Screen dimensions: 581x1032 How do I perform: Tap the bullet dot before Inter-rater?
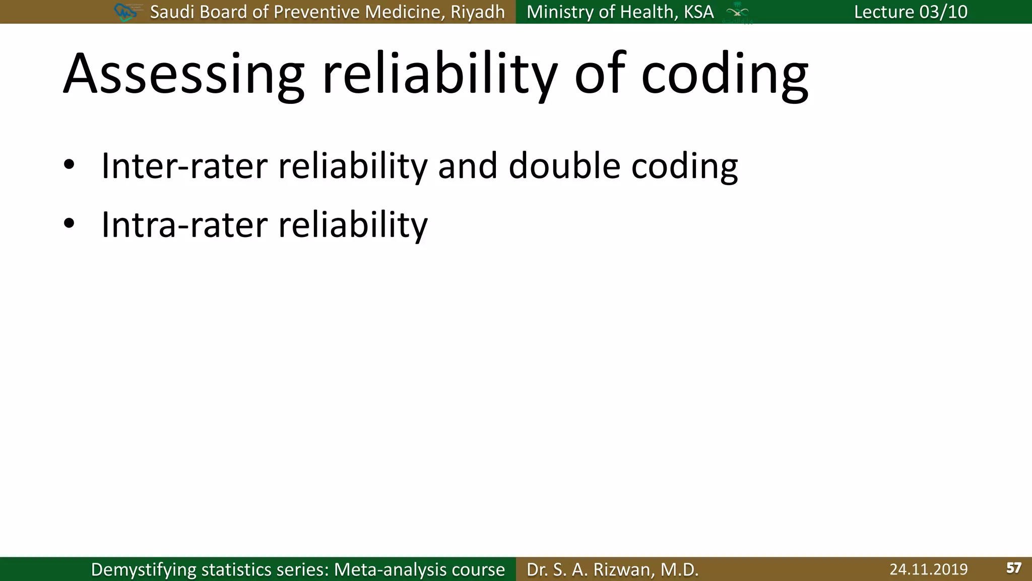click(69, 165)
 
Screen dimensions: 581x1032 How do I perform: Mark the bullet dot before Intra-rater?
click(69, 223)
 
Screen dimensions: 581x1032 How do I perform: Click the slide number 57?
click(1013, 568)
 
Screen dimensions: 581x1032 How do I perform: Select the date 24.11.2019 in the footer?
click(928, 569)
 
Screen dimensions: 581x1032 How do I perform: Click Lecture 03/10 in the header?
click(911, 12)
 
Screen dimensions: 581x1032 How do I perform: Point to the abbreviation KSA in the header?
click(698, 12)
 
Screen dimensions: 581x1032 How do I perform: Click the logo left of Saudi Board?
click(126, 12)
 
